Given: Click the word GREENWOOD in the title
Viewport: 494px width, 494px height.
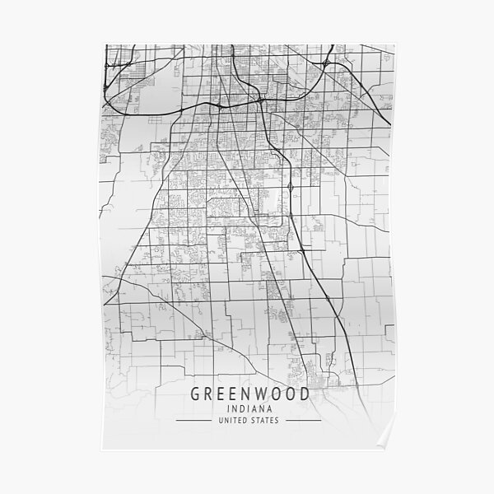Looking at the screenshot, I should pos(250,394).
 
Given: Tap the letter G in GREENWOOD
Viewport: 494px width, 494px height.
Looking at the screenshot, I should pos(197,394).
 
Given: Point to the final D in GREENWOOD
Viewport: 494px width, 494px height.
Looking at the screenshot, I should pos(305,394).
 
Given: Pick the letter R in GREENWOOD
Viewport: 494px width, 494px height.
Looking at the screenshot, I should pos(210,394).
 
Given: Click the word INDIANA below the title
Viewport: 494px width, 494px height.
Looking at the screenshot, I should pos(250,409).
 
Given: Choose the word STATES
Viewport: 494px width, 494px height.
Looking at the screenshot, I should pos(266,421).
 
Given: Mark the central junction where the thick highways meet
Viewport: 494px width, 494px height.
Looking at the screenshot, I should pos(259,101).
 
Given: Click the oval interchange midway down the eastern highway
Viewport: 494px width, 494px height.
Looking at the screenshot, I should pos(291,189).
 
